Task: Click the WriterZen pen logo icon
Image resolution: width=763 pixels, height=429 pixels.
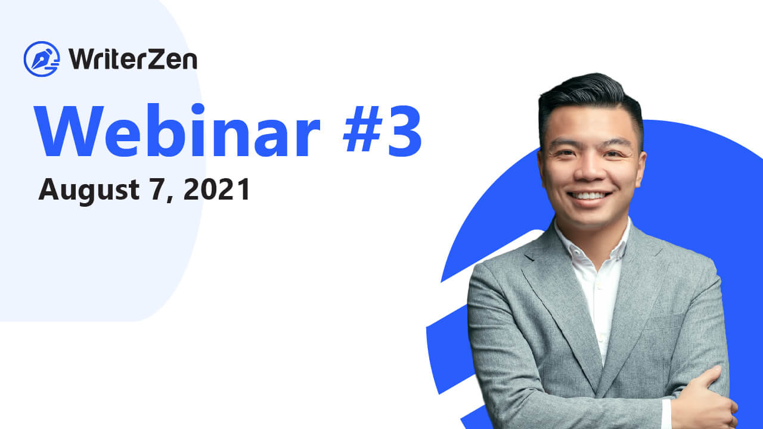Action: [x=42, y=59]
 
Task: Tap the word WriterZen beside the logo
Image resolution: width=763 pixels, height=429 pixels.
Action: [x=133, y=60]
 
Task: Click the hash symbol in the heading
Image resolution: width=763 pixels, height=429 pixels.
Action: [x=362, y=129]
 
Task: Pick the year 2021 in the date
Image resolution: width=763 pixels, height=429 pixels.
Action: [x=216, y=189]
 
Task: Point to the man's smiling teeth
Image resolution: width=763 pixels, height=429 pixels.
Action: [x=589, y=196]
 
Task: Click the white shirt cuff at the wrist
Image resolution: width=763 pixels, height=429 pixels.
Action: [x=666, y=414]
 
